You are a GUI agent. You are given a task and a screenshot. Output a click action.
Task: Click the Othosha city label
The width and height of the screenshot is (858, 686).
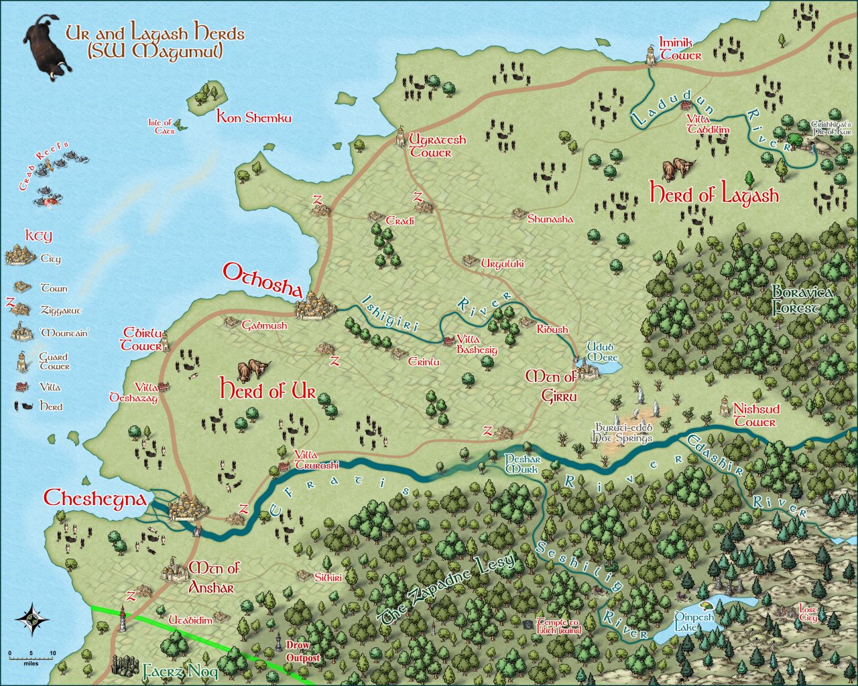click(262, 273)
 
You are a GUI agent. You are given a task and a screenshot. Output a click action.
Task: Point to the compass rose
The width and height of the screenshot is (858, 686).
click(33, 618)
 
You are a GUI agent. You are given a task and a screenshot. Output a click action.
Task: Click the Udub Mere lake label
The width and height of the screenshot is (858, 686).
click(600, 352)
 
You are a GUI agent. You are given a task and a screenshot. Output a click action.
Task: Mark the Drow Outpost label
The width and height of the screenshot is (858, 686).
click(299, 652)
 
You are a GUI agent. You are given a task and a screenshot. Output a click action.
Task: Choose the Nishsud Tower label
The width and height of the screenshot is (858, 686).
click(754, 415)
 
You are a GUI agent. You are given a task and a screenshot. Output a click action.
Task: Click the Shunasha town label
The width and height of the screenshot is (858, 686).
click(550, 219)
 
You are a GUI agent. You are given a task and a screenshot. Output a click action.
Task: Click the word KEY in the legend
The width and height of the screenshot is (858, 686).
click(38, 236)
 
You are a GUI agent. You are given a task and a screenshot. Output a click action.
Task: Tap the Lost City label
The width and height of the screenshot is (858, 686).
click(808, 613)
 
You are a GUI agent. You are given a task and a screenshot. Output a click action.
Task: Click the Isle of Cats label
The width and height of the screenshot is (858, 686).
click(161, 127)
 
